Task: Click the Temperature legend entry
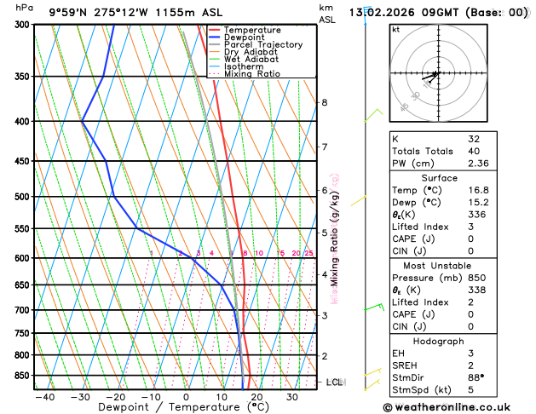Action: click(x=252, y=30)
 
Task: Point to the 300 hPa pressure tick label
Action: click(x=21, y=25)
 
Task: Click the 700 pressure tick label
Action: click(x=21, y=310)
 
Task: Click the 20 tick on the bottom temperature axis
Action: click(x=256, y=397)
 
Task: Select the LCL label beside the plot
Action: click(x=334, y=382)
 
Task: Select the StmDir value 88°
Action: click(x=476, y=378)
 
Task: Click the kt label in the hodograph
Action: click(x=395, y=29)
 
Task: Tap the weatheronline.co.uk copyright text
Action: click(x=452, y=407)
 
